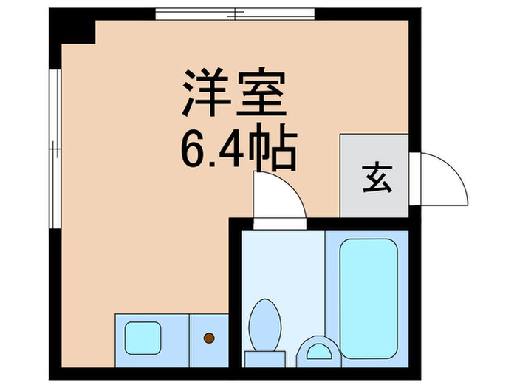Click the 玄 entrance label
(x=374, y=177)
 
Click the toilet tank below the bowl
(x=264, y=358)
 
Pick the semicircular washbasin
(x=320, y=348)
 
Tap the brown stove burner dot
(x=209, y=338)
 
